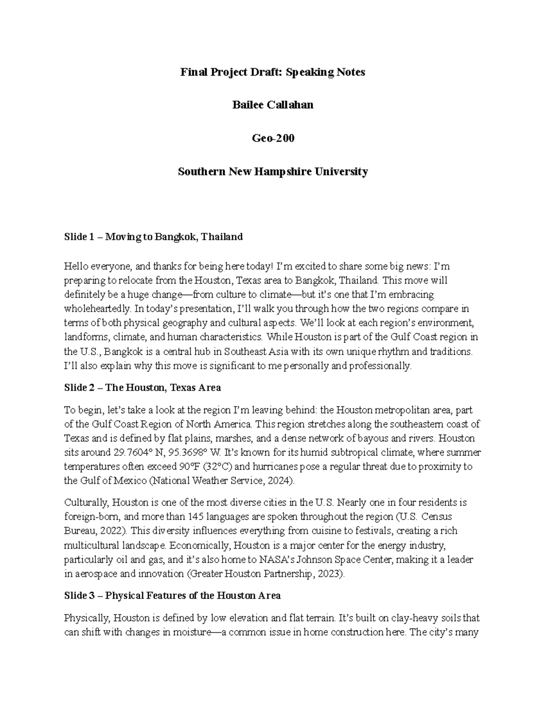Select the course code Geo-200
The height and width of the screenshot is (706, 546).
coord(273,138)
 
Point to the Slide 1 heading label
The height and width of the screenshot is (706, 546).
coord(79,237)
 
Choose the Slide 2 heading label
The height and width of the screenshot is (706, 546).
coord(79,388)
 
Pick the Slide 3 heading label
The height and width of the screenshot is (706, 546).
coord(79,596)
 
